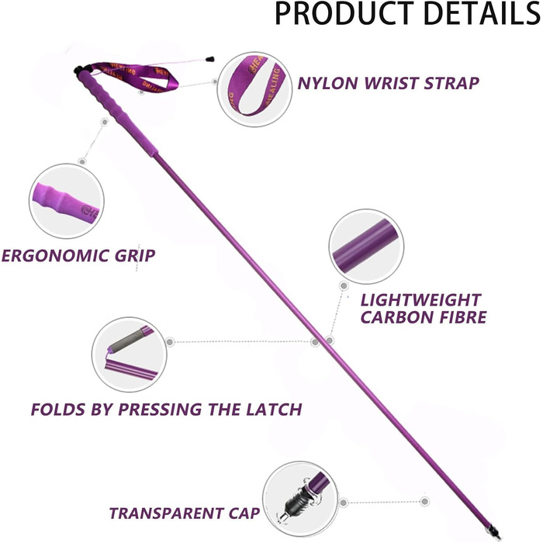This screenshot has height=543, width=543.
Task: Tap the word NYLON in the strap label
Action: [327, 82]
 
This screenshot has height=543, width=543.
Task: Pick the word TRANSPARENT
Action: [174, 513]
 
